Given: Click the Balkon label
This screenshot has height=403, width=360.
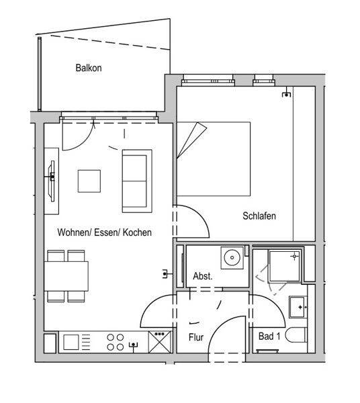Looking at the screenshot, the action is tap(89, 68).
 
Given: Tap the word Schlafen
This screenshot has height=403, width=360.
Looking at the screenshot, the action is tap(259, 216).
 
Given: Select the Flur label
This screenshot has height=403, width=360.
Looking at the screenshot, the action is tap(196, 337).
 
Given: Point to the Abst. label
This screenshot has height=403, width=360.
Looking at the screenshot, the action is tap(203, 276).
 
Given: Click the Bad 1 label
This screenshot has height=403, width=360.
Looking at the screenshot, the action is tap(269, 337).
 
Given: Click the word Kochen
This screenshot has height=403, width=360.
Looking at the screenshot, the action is tap(137, 232).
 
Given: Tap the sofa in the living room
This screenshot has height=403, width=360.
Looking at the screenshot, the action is tap(137, 181).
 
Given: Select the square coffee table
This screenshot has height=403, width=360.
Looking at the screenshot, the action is tap(89, 181).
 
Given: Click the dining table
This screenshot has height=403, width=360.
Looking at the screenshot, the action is tap(66, 276).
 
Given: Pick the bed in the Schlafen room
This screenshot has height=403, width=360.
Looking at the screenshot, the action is tap(214, 159).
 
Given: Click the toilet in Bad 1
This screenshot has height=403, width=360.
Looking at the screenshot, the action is tap(296, 335).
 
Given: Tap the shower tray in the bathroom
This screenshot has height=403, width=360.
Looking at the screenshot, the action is tap(284, 266).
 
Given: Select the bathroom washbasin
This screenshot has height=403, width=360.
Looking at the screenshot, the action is tap(298, 307).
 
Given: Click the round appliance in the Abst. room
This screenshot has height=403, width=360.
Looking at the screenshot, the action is tap(232, 258).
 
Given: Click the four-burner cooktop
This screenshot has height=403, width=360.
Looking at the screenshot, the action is tap(116, 342).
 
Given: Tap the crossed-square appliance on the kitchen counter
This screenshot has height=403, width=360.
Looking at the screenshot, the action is tap(160, 342).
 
